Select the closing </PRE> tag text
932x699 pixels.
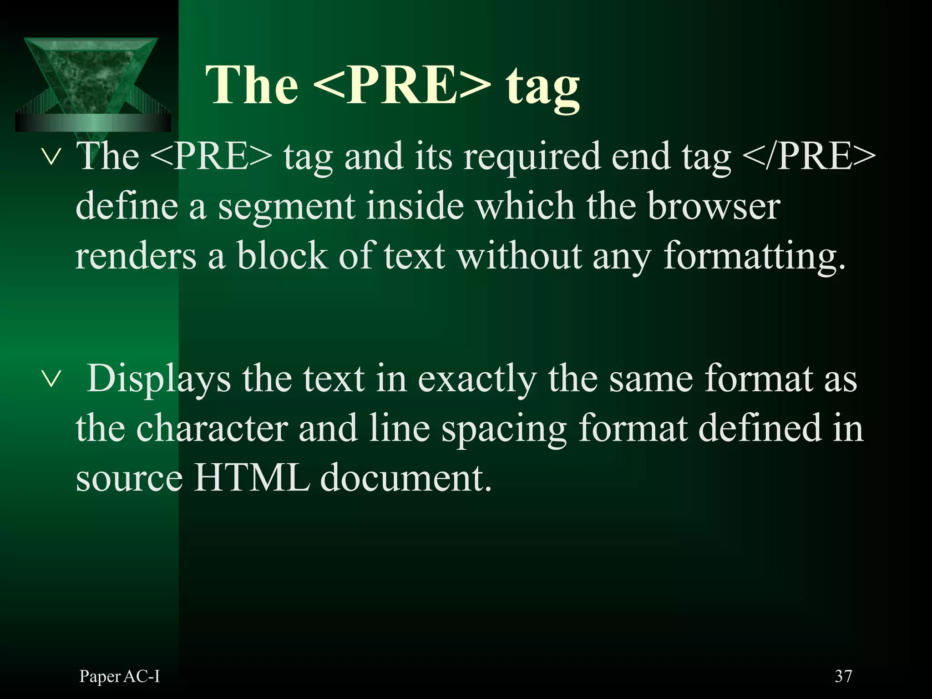pos(809,156)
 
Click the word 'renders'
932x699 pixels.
pos(136,256)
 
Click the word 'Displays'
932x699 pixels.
pos(159,379)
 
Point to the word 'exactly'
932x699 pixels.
pos(477,379)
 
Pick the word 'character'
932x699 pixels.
pos(212,428)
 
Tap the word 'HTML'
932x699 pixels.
pos(252,477)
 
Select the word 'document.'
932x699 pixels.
pos(406,477)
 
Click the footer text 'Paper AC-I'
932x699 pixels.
pos(120,677)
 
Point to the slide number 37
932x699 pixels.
pos(843,677)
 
